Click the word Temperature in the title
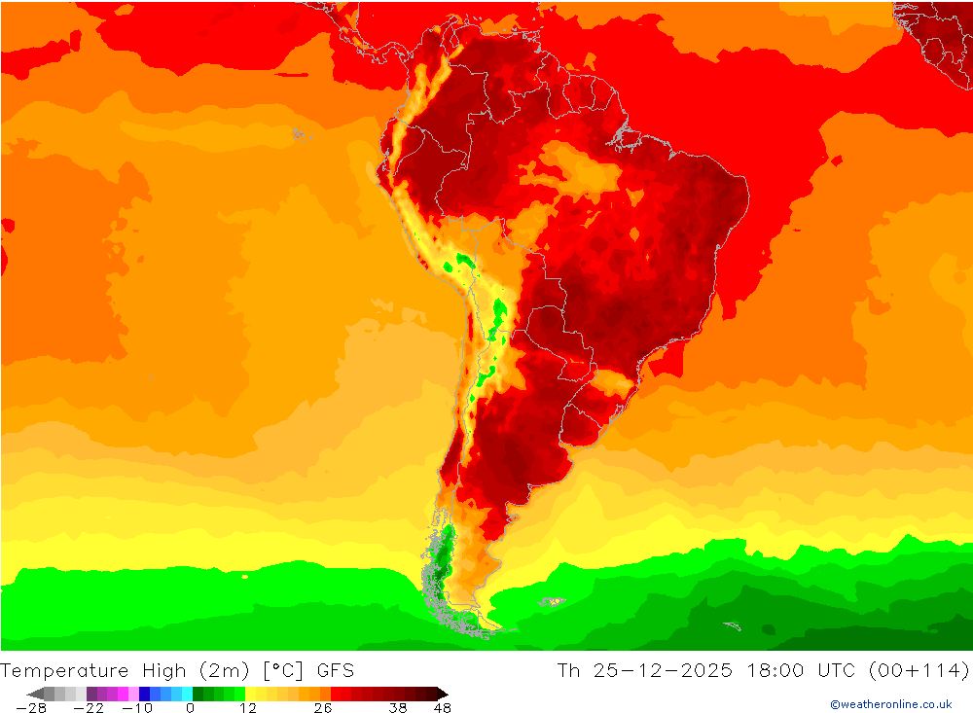[64, 670]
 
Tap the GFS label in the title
[334, 670]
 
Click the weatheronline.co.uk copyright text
[890, 704]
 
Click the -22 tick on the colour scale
[89, 708]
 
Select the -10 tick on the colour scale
[138, 708]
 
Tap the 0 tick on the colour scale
[191, 708]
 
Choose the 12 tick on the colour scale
[247, 708]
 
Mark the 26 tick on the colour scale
[322, 708]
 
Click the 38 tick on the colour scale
[397, 708]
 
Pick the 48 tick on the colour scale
[442, 708]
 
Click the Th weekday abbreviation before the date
[568, 670]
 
